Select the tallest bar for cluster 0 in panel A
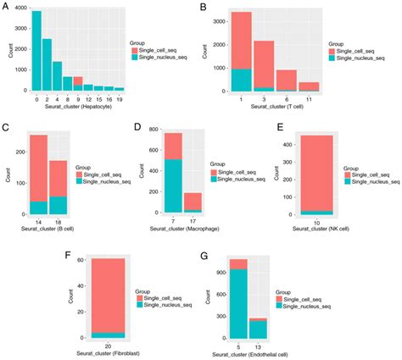point(36,51)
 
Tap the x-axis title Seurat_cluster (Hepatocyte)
point(77,110)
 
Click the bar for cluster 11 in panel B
point(309,86)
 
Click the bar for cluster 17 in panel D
point(193,202)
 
